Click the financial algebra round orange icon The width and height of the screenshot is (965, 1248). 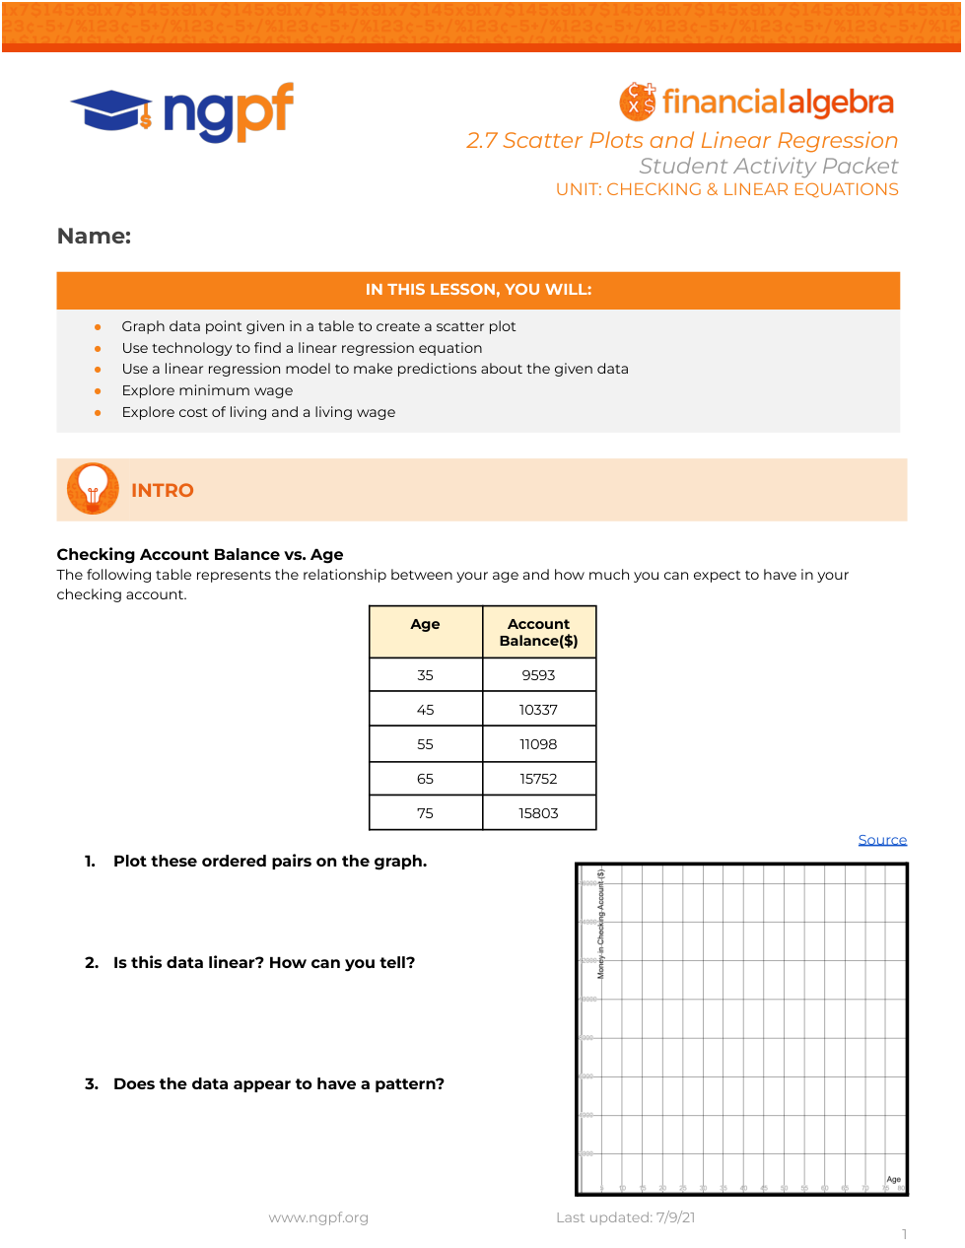click(x=638, y=102)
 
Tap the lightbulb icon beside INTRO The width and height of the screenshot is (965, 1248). click(x=93, y=489)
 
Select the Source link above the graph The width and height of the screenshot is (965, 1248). click(x=882, y=840)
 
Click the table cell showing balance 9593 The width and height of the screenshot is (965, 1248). click(x=538, y=675)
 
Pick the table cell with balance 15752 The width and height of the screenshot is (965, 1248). click(x=538, y=779)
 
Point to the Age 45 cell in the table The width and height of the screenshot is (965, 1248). click(x=425, y=710)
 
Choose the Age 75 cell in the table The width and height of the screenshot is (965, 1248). click(x=425, y=813)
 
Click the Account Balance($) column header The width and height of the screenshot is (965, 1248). click(x=538, y=632)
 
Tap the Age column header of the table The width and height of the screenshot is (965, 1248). click(x=425, y=624)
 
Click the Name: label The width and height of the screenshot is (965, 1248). click(x=94, y=237)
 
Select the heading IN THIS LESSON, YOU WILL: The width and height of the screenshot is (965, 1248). click(x=478, y=290)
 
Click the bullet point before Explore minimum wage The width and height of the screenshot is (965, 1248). click(x=98, y=391)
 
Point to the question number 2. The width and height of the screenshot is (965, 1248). click(x=91, y=963)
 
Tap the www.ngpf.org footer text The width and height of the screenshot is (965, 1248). click(x=318, y=1217)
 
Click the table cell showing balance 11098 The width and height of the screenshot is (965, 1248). click(x=538, y=744)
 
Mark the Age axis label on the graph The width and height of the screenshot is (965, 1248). click(x=893, y=1179)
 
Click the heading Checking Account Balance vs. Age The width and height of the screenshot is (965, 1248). click(x=200, y=554)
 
